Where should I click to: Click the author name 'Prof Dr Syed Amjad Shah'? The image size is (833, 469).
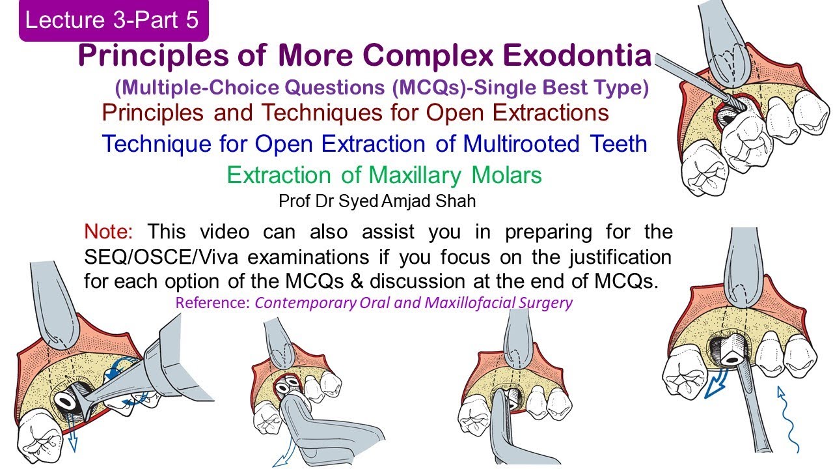click(377, 201)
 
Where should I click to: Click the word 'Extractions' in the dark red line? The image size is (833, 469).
click(549, 113)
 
